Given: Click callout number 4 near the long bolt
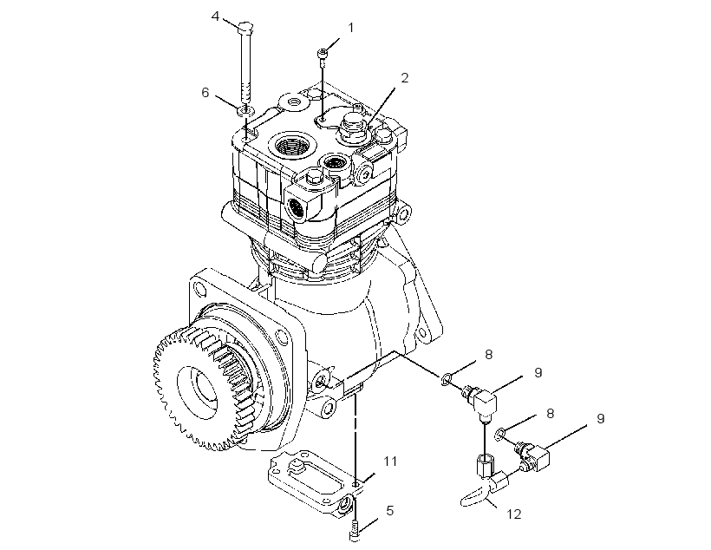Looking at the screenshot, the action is (x=215, y=16).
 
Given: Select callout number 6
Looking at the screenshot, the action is (x=205, y=93).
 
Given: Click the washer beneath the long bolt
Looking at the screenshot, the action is (x=245, y=110).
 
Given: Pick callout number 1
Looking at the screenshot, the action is (x=350, y=28).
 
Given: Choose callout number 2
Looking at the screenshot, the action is (x=404, y=78).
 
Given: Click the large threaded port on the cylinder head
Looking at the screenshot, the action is (x=290, y=147).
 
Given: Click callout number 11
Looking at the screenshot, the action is (x=390, y=462).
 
